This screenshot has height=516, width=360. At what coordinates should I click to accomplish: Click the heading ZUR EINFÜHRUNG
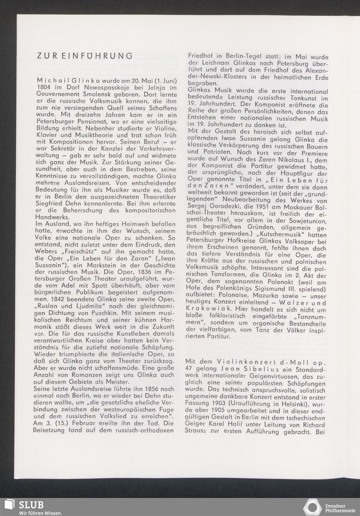click(85, 56)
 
